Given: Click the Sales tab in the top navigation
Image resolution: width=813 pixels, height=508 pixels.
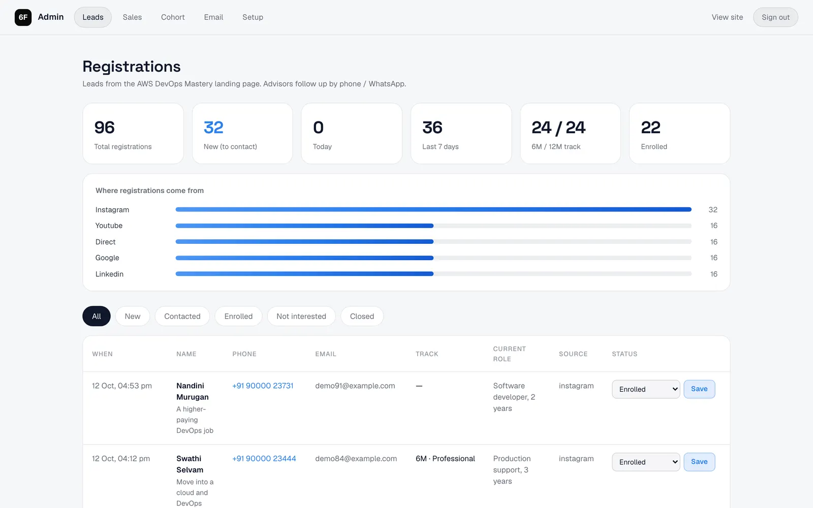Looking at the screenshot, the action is [x=132, y=17].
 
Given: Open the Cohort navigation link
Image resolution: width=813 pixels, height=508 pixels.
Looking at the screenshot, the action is [x=173, y=17].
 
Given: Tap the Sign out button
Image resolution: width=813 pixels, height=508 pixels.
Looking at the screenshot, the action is [x=775, y=17].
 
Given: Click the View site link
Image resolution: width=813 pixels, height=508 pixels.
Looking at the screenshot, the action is [x=727, y=17].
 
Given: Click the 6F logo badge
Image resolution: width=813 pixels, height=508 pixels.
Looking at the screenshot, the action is [x=23, y=17].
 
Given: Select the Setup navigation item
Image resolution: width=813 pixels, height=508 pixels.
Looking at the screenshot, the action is [x=253, y=17].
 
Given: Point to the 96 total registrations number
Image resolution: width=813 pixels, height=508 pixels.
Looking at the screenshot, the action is [x=105, y=128].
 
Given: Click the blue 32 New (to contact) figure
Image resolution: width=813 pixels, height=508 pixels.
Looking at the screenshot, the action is [x=213, y=128].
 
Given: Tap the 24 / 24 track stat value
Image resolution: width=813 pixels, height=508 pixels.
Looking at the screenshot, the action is [x=558, y=128].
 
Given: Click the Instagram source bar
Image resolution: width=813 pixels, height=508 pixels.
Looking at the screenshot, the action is [x=433, y=209].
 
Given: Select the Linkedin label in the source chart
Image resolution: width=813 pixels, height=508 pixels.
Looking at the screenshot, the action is [x=109, y=274].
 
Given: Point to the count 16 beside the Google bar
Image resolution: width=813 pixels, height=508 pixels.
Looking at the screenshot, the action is [x=713, y=258].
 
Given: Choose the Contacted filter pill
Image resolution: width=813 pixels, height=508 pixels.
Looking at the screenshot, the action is [x=182, y=316].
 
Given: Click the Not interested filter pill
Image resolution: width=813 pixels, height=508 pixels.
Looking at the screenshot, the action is [x=301, y=316].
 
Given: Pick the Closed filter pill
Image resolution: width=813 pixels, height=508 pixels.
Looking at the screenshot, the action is [x=362, y=316].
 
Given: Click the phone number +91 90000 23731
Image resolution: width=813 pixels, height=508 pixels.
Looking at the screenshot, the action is [x=263, y=386].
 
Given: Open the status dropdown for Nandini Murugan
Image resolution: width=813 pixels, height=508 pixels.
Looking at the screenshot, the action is [x=646, y=389].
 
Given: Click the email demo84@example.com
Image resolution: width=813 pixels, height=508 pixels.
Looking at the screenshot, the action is [x=356, y=459].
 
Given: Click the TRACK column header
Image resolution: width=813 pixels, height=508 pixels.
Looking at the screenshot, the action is [x=427, y=354].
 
